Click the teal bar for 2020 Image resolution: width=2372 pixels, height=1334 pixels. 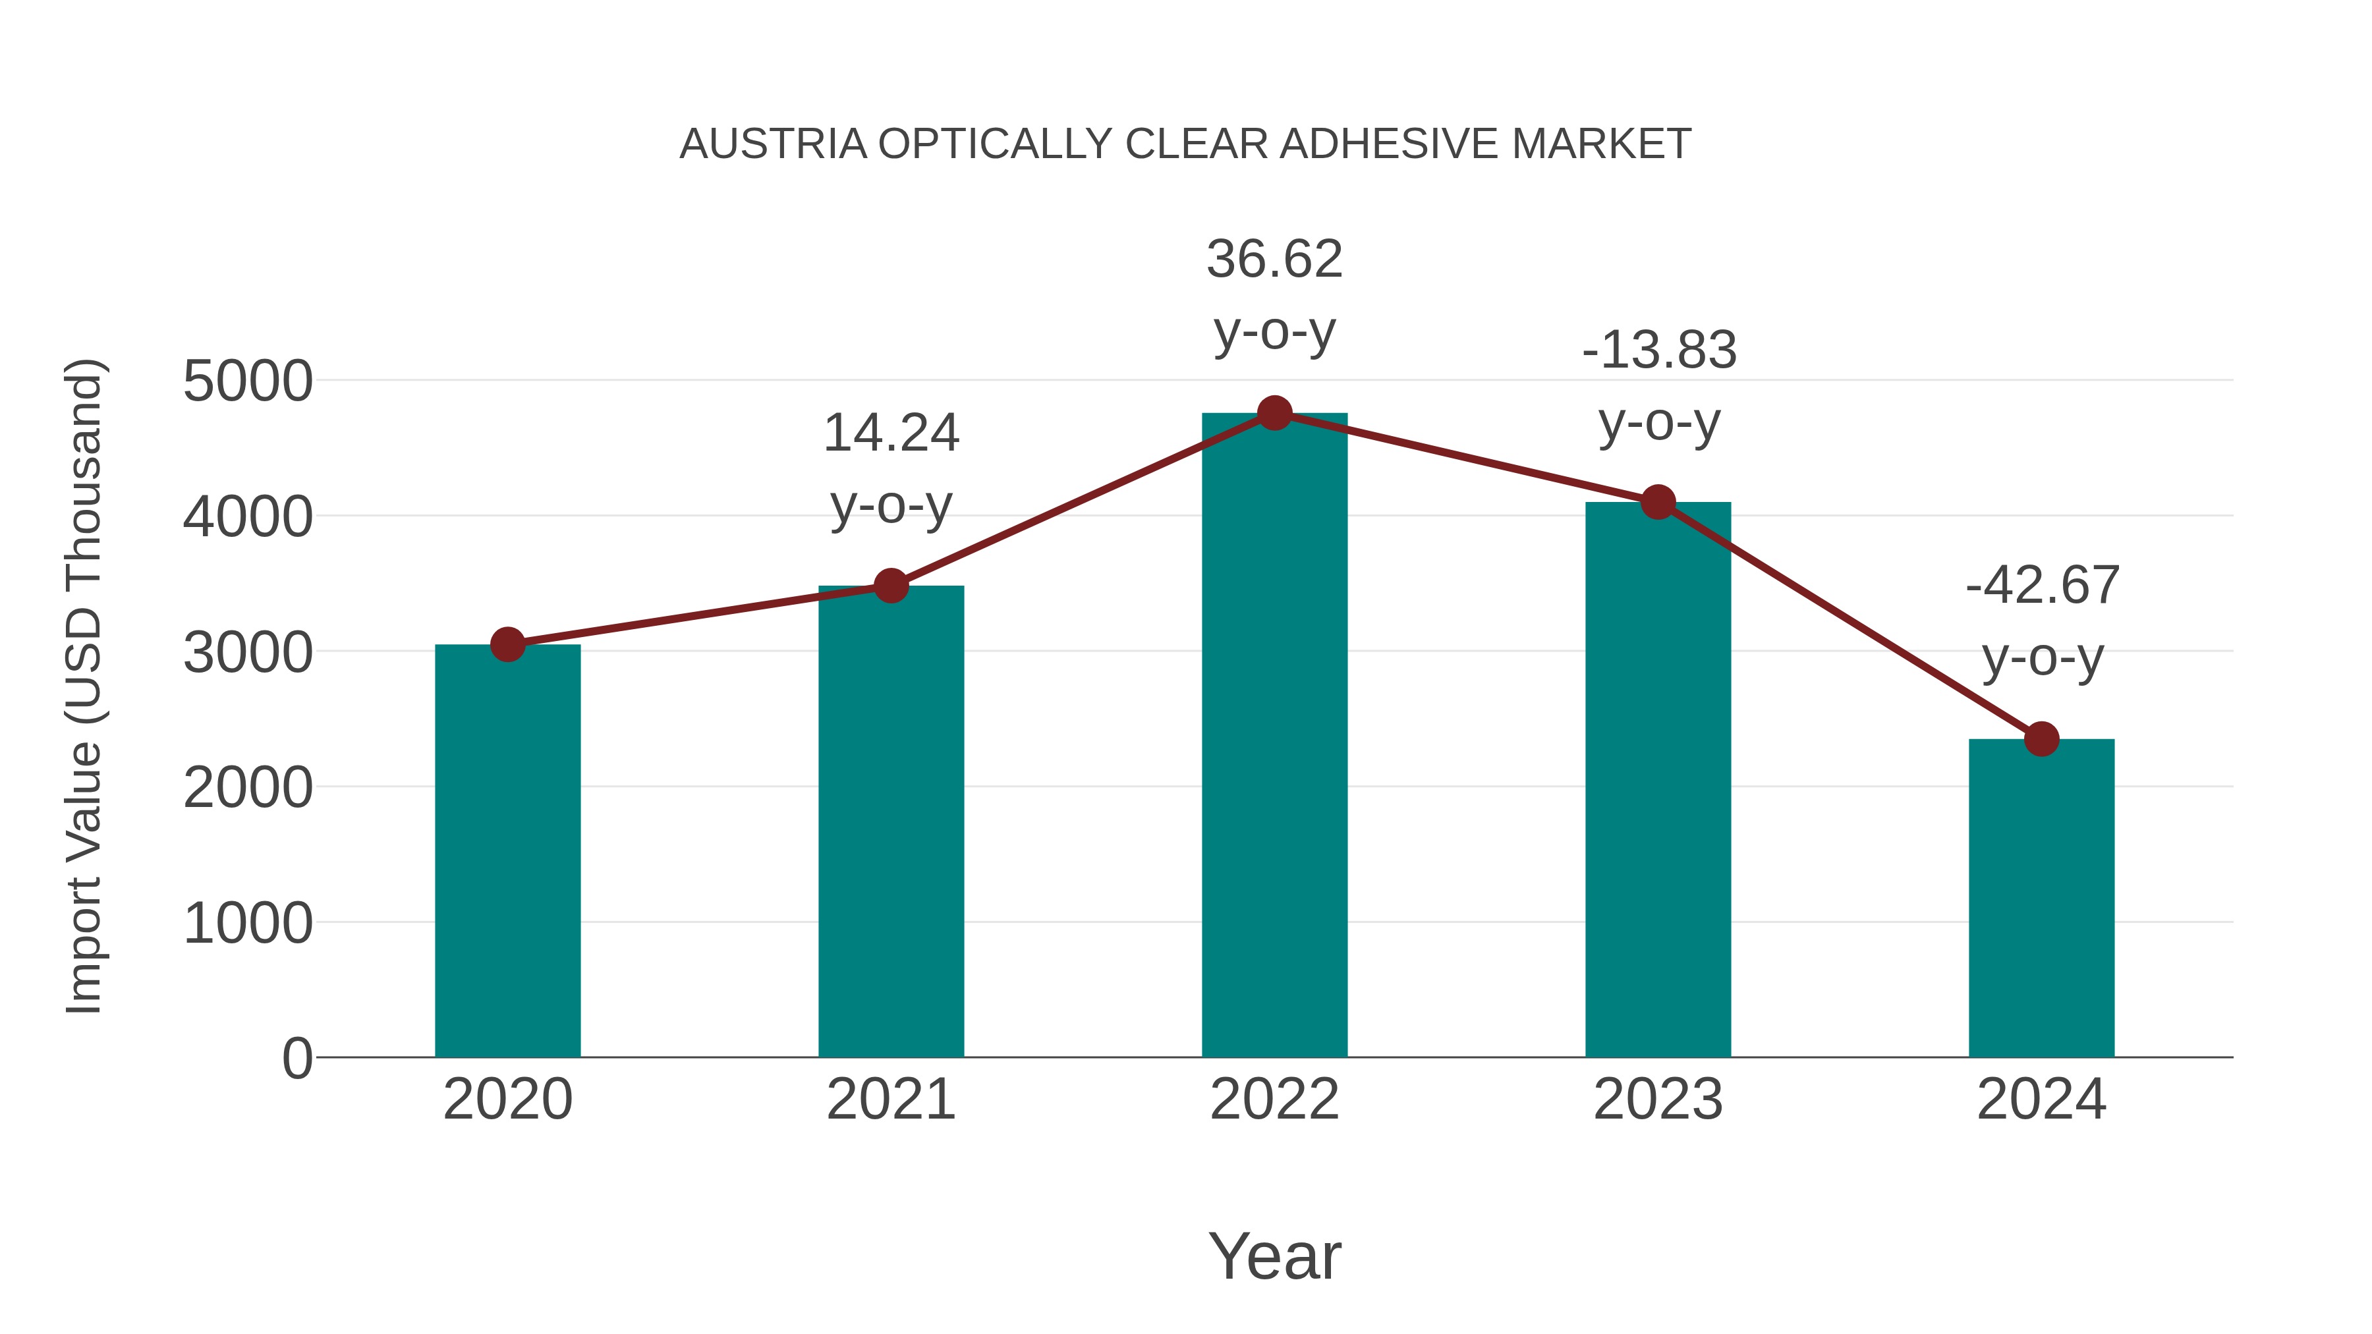point(507,852)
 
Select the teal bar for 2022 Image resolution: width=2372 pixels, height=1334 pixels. point(1274,736)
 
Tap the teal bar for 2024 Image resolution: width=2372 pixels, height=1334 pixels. point(2041,899)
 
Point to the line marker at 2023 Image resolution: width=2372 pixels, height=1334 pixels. point(1658,503)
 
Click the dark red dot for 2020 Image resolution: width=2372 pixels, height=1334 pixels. point(507,644)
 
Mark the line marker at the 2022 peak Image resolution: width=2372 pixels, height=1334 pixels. point(1274,413)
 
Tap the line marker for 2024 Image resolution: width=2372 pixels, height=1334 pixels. point(2041,738)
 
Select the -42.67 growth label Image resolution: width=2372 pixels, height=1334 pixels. point(2041,621)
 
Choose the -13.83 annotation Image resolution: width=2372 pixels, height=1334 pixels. point(1658,386)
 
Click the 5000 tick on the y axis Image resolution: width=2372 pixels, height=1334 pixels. point(248,381)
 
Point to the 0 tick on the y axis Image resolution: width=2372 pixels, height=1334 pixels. point(296,1059)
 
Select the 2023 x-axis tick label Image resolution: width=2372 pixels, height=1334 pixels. point(1658,1099)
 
